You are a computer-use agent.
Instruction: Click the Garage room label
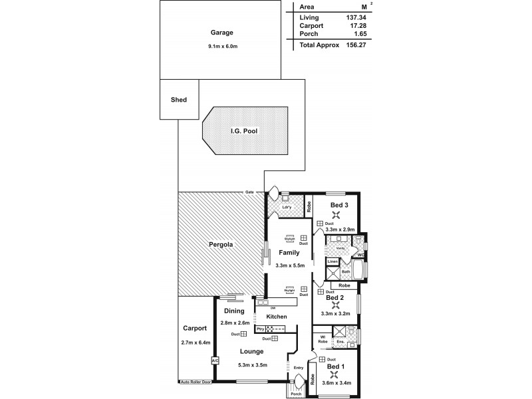(x=221, y=32)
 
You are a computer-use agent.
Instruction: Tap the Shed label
(x=179, y=100)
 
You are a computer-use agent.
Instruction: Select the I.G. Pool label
(x=245, y=131)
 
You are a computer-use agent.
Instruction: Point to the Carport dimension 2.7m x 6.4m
(x=195, y=342)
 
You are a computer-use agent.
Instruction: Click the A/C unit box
(x=215, y=360)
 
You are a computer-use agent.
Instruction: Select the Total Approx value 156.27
(x=353, y=45)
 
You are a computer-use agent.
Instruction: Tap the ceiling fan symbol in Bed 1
(x=336, y=375)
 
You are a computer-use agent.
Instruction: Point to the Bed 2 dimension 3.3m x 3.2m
(x=335, y=313)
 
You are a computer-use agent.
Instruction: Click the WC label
(x=360, y=255)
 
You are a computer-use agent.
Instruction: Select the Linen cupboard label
(x=332, y=262)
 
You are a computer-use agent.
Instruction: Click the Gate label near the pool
(x=249, y=192)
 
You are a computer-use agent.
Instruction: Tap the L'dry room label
(x=287, y=207)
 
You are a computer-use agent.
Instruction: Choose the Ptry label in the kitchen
(x=260, y=329)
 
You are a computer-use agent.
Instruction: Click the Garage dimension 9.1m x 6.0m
(x=221, y=46)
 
